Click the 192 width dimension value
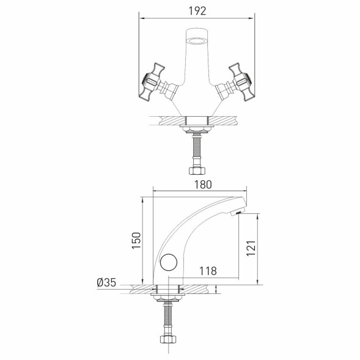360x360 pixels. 197,10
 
